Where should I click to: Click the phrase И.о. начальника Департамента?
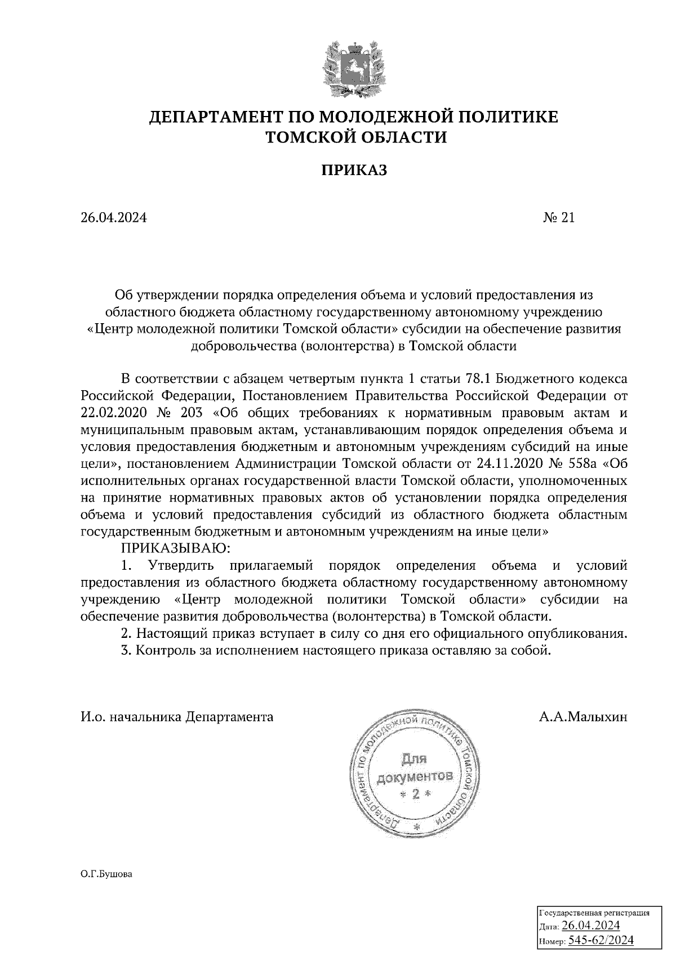[177, 717]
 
